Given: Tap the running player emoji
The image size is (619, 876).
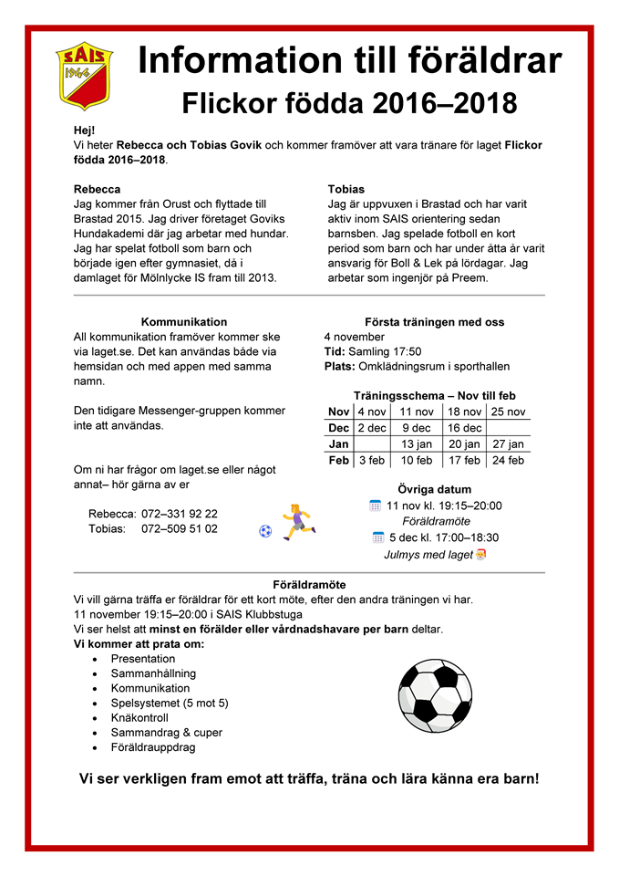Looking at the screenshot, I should [297, 521].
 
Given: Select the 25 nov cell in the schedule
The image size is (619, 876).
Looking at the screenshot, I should [508, 412].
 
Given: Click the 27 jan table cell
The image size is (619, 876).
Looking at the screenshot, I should [508, 444].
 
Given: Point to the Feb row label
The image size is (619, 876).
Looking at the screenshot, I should [338, 461].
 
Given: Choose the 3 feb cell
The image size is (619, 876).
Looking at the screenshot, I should [371, 461].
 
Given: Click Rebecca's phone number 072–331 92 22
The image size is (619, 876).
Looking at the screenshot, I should [180, 514].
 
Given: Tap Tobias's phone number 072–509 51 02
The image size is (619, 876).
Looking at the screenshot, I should [180, 528].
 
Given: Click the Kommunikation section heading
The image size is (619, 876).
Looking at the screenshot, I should [184, 322].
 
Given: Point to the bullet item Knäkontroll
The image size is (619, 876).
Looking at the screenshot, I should [139, 717].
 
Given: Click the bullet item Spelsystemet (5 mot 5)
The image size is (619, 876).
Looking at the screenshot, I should [170, 703].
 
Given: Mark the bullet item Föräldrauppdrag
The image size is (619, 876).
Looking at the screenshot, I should [153, 747].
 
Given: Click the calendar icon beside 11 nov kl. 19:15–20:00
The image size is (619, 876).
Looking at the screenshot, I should [375, 506].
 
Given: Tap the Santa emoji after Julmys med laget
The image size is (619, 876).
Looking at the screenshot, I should [480, 554].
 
